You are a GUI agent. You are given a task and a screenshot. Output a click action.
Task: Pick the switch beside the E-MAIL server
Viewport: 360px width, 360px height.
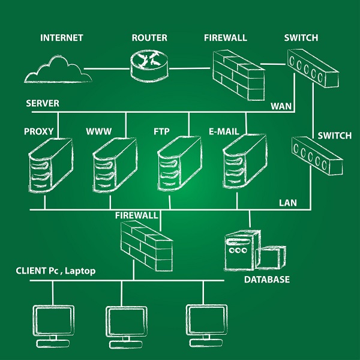point(316,155)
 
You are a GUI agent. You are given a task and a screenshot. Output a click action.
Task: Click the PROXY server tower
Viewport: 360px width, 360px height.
point(50,166)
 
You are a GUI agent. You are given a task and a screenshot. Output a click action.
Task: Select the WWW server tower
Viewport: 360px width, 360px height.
point(115,166)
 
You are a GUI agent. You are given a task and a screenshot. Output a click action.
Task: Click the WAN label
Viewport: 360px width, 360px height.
point(281,106)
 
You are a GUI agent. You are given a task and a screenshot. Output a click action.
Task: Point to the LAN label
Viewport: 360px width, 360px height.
point(287,203)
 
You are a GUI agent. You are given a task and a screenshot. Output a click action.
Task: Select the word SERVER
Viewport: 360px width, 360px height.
point(43,103)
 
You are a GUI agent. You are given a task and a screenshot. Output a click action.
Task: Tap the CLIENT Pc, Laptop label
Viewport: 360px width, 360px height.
point(55,271)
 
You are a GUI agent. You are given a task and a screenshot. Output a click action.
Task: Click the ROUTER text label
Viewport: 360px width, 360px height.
point(149,38)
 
